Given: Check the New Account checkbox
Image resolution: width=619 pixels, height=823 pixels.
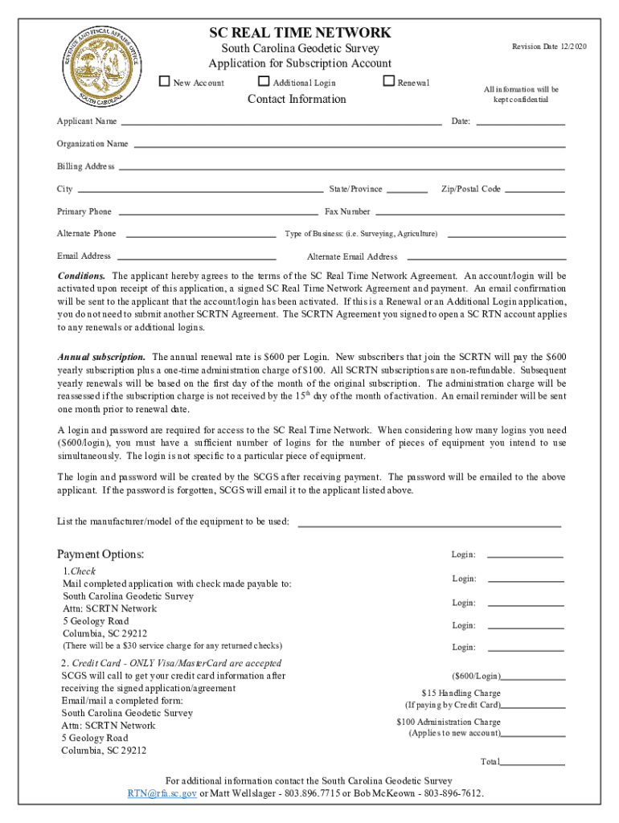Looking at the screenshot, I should pyautogui.click(x=165, y=82).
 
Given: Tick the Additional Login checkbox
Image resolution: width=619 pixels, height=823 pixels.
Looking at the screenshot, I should pyautogui.click(x=264, y=82).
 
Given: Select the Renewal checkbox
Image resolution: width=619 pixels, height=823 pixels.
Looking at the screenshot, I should pyautogui.click(x=389, y=82).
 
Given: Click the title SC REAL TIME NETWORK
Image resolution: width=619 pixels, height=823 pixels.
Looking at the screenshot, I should pyautogui.click(x=300, y=33).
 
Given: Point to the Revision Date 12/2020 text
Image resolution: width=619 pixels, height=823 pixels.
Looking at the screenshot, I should pyautogui.click(x=549, y=47).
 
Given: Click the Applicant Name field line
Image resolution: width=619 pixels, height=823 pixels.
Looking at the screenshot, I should pyautogui.click(x=281, y=123).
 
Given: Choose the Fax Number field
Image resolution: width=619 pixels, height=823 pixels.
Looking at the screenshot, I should pyautogui.click(x=469, y=213).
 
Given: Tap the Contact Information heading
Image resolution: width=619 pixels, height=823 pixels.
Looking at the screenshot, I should pyautogui.click(x=297, y=99).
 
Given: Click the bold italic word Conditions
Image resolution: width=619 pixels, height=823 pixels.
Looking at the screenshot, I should pyautogui.click(x=80, y=275).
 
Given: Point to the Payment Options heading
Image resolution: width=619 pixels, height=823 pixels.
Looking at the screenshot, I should pyautogui.click(x=100, y=555).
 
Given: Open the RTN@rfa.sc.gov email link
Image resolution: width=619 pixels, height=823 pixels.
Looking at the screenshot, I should pyautogui.click(x=162, y=793).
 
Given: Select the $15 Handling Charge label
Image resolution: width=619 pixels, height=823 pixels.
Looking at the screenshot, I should pyautogui.click(x=461, y=693).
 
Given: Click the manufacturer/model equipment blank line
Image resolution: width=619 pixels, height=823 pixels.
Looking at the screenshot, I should pyautogui.click(x=429, y=523).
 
